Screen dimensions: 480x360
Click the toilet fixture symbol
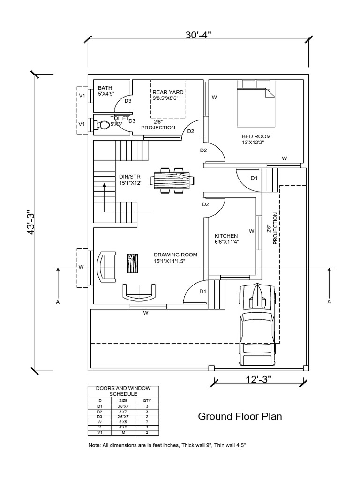click(102, 125)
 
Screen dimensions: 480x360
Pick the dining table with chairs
click(172, 180)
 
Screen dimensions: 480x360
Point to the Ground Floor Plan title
click(240, 416)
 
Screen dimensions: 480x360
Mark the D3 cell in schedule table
click(99, 417)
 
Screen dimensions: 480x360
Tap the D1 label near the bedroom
click(254, 178)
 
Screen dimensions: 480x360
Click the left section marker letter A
click(58, 302)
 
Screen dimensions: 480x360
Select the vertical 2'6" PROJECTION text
click(272, 228)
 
